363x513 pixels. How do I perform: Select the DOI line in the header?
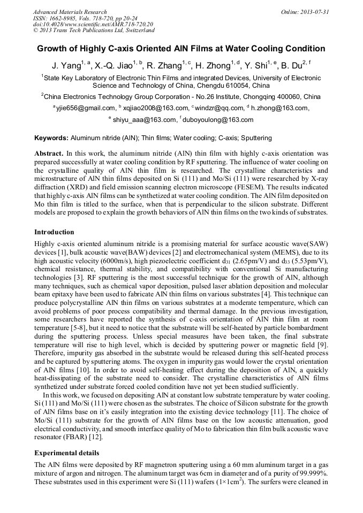point(93,25)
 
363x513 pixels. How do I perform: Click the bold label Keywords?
point(51,138)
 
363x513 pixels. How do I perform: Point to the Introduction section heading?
point(54,232)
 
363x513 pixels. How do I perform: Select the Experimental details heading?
point(66,453)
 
